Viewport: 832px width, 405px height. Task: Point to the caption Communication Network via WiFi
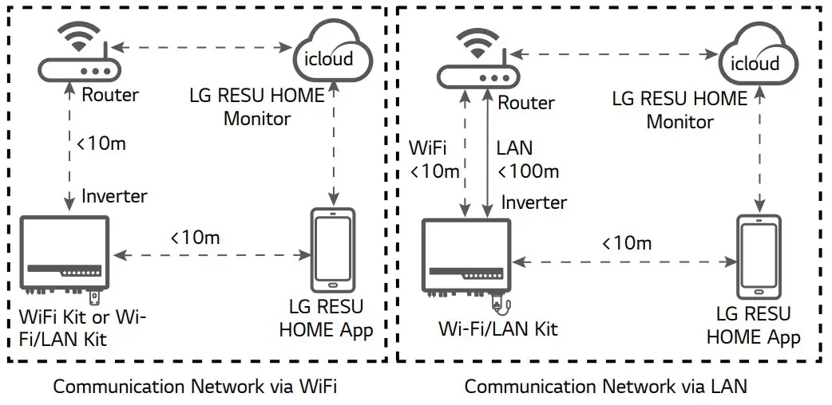tap(195, 387)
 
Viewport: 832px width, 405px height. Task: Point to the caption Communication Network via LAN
tap(605, 387)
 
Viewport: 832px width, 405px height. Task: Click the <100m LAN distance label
tap(528, 171)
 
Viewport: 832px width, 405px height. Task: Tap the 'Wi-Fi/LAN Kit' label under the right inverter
tap(498, 328)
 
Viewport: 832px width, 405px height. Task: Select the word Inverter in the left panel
tap(115, 195)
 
